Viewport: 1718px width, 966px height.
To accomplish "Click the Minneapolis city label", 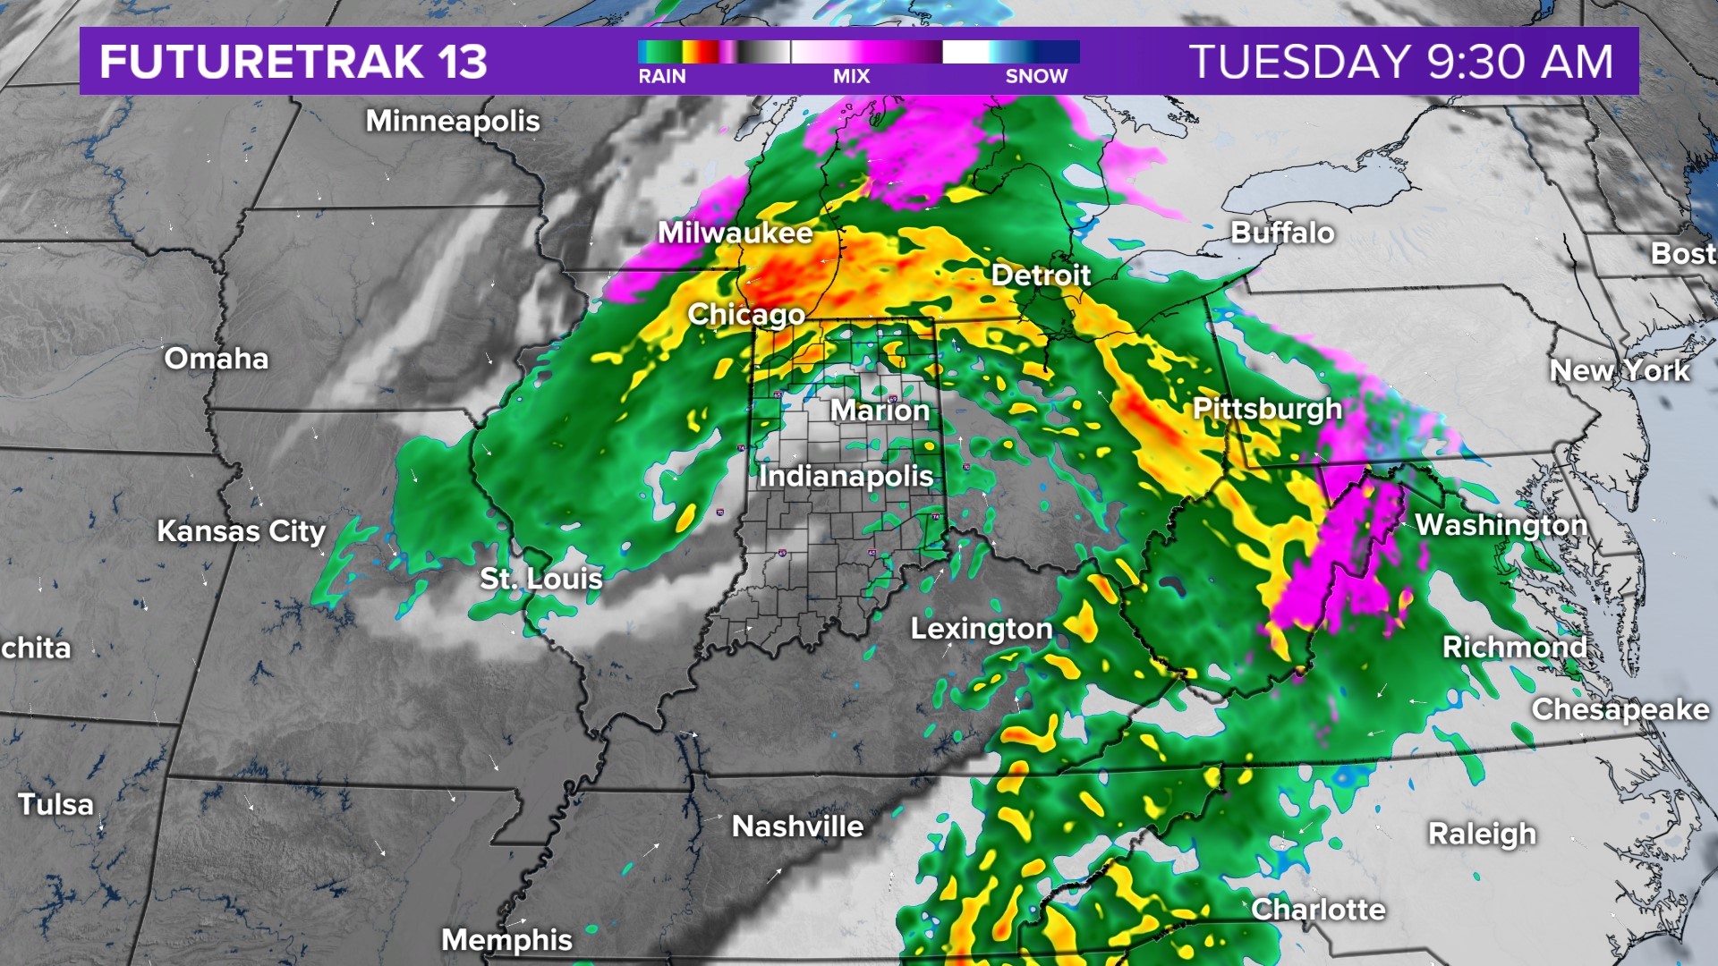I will tap(453, 121).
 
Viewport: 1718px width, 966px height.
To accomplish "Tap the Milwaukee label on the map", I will tap(736, 233).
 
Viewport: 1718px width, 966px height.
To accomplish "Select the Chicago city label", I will tap(746, 314).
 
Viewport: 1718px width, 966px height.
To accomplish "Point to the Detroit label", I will tap(1041, 275).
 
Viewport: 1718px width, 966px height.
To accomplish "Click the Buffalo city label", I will tap(1282, 233).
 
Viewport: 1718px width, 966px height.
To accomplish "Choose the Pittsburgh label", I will tap(1267, 409).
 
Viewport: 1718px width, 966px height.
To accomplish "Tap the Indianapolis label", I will tap(846, 476).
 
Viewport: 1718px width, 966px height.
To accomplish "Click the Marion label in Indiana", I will tap(880, 411).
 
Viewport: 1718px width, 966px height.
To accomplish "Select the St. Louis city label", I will tap(541, 579).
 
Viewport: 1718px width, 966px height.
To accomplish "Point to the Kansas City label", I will tap(242, 531).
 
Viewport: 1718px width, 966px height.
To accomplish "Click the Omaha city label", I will tap(217, 359).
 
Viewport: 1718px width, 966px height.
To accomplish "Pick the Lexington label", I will tap(982, 629).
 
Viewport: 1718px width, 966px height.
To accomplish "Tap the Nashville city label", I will tap(797, 826).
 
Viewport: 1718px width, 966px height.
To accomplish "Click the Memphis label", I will tap(506, 940).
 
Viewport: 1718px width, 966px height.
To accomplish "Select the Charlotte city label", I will tap(1318, 910).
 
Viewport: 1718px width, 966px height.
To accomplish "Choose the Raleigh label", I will tap(1482, 834).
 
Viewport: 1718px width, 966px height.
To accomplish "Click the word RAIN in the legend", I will tap(662, 77).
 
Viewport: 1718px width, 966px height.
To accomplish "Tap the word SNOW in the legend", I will tap(1036, 77).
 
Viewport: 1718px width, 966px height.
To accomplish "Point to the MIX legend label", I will tap(851, 77).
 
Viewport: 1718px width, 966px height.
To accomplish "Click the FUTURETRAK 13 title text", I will tap(293, 62).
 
